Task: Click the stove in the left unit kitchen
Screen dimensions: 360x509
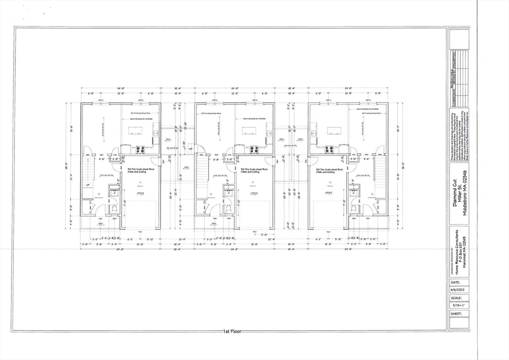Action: pos(140,149)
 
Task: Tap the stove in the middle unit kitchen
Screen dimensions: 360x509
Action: pos(254,149)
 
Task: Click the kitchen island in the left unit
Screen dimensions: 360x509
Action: pos(135,131)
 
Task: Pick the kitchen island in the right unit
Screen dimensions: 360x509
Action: pos(334,131)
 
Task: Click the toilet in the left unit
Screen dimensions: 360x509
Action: pos(113,208)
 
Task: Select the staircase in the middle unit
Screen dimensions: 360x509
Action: pos(201,174)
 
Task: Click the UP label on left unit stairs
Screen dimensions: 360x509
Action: pos(87,185)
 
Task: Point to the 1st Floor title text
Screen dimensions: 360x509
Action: pos(232,331)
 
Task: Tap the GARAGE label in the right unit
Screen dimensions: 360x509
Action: pos(329,192)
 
